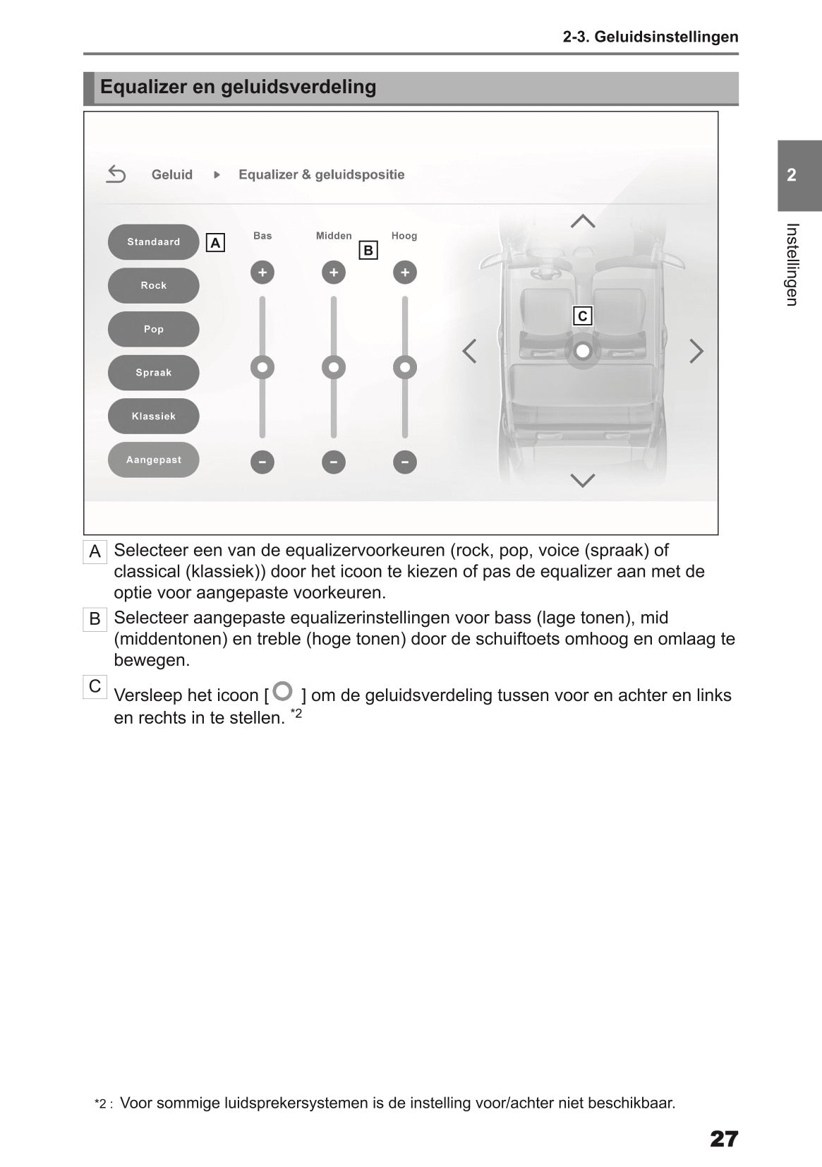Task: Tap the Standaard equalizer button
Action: [x=153, y=242]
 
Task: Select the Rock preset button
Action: [x=153, y=286]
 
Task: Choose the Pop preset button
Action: [x=153, y=329]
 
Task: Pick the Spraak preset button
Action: [x=153, y=373]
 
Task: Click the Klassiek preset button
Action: [x=153, y=417]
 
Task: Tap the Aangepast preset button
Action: [x=153, y=460]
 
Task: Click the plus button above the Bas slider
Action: [x=262, y=273]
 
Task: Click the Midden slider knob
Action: [x=333, y=367]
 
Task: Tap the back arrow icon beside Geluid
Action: [x=116, y=174]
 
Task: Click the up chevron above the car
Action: [x=582, y=222]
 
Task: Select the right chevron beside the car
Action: [x=696, y=351]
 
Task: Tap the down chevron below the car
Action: [x=582, y=481]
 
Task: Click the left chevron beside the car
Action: [x=469, y=351]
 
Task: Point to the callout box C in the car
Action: [x=582, y=316]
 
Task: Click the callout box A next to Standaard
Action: [x=215, y=244]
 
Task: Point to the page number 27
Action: [x=723, y=1139]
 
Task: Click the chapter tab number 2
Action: [x=792, y=175]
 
